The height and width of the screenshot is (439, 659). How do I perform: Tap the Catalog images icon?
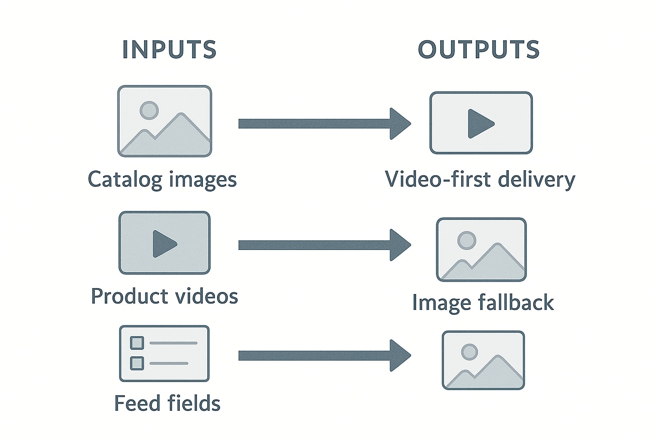click(165, 121)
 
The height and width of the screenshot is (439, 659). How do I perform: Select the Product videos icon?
click(165, 243)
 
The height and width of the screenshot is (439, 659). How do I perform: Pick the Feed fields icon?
click(164, 354)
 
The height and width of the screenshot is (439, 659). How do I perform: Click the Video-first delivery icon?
click(481, 123)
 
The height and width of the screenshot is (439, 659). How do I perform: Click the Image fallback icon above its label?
click(481, 250)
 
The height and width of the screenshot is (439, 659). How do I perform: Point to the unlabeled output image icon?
click(483, 360)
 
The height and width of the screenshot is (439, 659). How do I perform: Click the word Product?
click(124, 297)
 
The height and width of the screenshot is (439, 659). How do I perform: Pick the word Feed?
click(136, 403)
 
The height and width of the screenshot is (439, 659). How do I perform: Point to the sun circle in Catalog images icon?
click(149, 110)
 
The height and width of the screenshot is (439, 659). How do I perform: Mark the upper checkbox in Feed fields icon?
click(137, 343)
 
